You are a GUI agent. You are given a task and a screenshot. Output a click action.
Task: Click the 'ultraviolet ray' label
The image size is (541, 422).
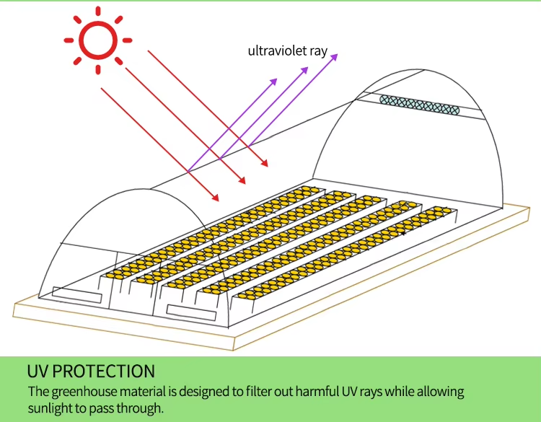click(287, 51)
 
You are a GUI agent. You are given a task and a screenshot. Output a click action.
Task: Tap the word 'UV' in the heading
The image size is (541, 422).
click(38, 372)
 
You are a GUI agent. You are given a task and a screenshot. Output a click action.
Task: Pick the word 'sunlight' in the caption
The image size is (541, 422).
click(50, 408)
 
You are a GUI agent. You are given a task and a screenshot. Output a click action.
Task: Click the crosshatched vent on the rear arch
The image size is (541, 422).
click(419, 105)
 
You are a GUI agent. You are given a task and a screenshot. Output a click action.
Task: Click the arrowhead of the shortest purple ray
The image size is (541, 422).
click(276, 81)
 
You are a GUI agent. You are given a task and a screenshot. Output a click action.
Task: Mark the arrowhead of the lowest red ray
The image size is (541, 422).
click(217, 198)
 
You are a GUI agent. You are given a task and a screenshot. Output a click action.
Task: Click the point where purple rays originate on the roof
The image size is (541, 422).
click(188, 172)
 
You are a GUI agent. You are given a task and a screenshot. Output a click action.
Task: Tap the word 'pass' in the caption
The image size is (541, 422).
click(102, 408)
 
